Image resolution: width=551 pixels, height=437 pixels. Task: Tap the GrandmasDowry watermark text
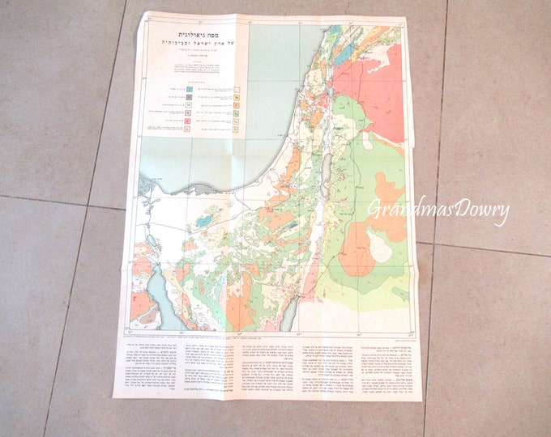point(438,210)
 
